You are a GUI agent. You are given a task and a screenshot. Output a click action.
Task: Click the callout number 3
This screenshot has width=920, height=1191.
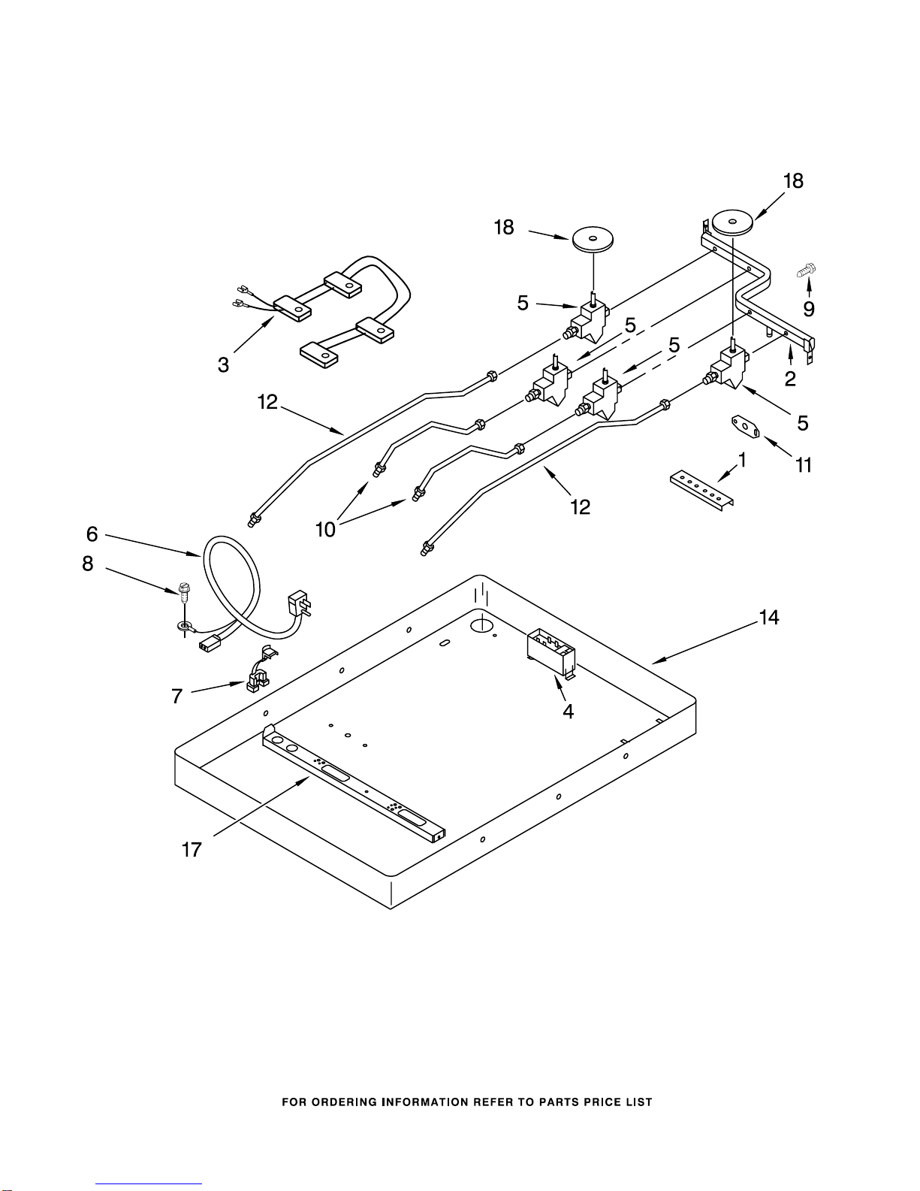coord(223,364)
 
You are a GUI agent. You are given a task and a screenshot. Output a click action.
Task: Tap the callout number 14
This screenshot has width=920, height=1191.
coord(769,617)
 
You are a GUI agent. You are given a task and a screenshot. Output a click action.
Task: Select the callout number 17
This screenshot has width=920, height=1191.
coord(192,850)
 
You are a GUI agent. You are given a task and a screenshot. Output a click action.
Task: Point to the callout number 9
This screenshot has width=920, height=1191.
coord(809,309)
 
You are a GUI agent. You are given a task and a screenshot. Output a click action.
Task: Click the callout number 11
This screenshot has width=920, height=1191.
coord(804,465)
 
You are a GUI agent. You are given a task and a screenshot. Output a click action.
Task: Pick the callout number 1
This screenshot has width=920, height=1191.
coord(743,459)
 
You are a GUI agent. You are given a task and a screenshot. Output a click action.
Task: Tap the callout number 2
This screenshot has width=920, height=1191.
coord(790,378)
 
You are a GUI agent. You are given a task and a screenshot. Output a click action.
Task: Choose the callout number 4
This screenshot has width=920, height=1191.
coord(569,712)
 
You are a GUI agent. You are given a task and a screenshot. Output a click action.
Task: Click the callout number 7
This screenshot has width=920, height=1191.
coord(176,696)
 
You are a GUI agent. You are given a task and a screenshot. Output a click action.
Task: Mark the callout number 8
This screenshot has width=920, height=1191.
coord(88,564)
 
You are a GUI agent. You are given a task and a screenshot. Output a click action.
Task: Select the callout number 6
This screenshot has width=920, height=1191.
coord(92,534)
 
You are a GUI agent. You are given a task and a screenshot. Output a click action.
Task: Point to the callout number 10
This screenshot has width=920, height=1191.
coord(325,530)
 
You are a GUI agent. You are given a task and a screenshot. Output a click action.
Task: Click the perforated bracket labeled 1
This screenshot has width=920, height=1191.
coord(702,491)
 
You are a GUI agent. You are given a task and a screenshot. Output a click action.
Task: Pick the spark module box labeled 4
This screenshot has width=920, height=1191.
coord(551,653)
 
